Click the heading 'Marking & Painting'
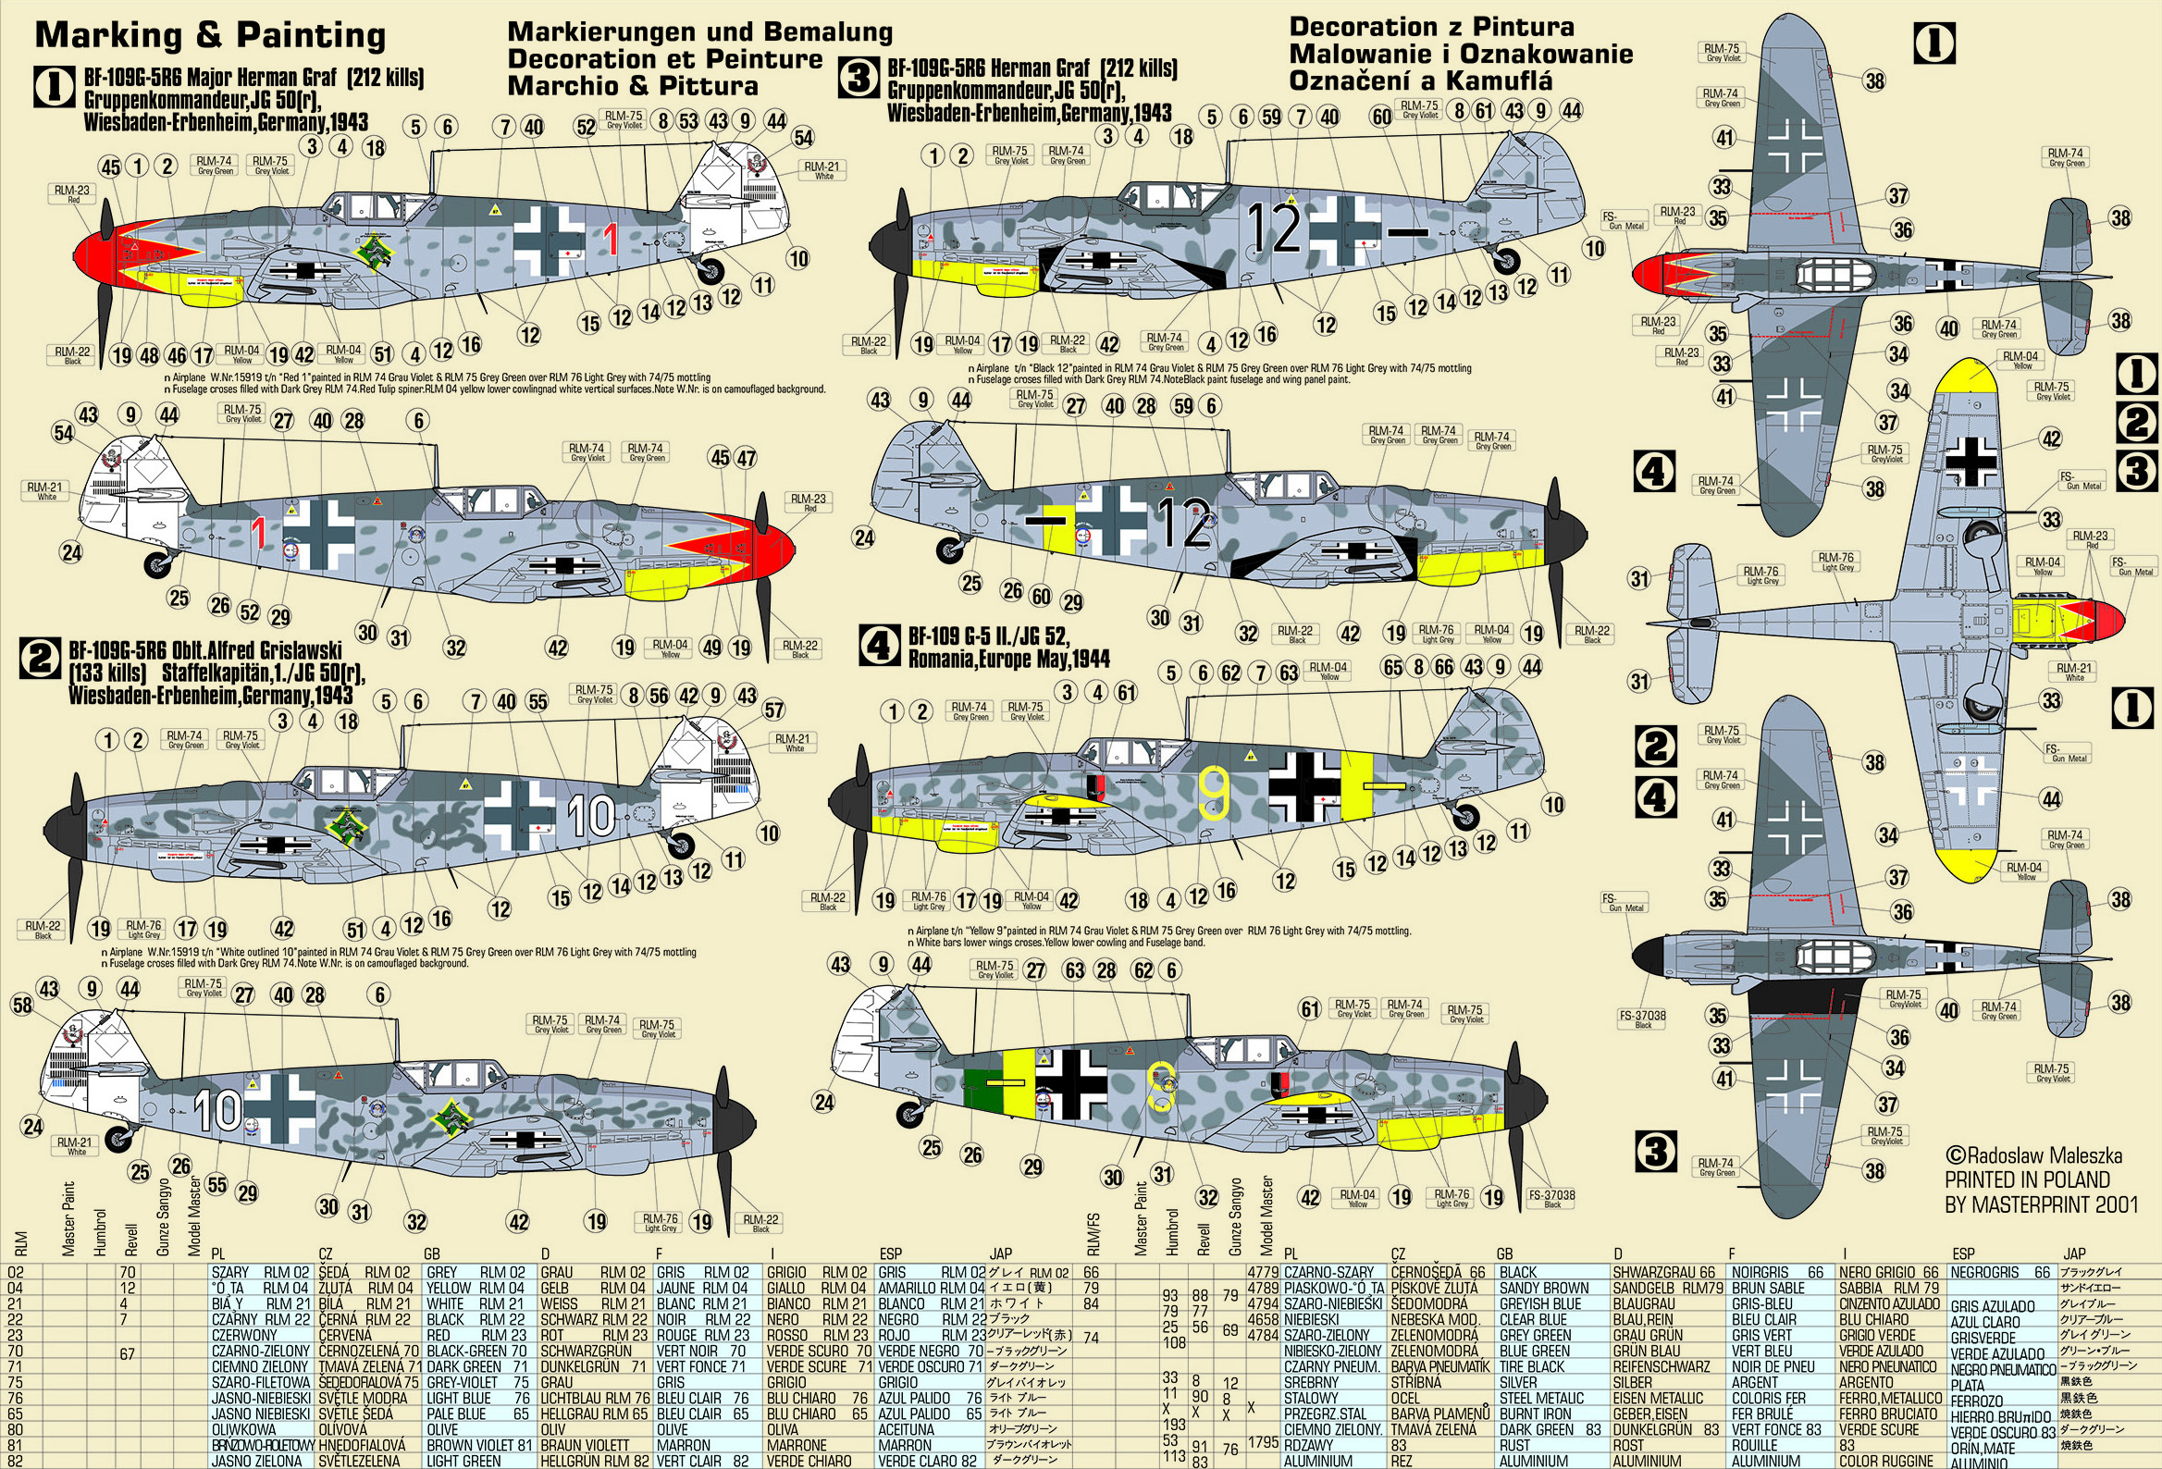click(210, 35)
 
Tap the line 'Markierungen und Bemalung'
click(699, 32)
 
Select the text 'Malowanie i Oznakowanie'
click(1461, 54)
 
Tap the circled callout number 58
click(21, 1004)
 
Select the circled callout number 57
click(774, 710)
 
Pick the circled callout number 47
click(746, 458)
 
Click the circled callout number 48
click(149, 354)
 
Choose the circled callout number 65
click(1392, 667)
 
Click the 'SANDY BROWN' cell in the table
click(1543, 1289)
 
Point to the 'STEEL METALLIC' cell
click(1540, 1399)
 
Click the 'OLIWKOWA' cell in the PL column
click(244, 1430)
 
